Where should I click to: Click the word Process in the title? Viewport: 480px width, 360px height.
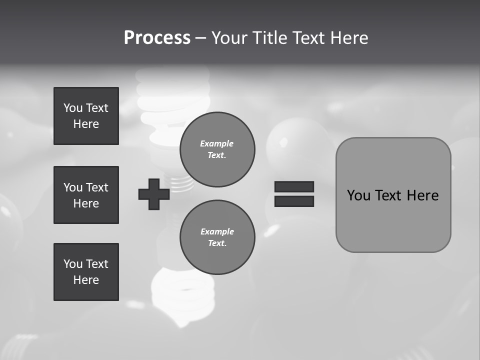point(157,38)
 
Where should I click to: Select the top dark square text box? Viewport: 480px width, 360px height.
point(86,116)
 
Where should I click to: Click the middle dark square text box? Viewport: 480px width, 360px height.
point(86,195)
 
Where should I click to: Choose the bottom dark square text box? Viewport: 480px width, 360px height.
point(86,272)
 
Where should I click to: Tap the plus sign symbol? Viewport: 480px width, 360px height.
point(154,194)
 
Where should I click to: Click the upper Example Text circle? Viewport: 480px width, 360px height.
point(217,149)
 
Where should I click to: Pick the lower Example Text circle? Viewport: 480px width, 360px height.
point(217,237)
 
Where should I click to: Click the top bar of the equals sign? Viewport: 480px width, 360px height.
point(294,186)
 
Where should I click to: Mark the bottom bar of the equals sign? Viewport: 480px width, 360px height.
point(294,201)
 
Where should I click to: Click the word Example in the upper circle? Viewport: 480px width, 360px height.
point(217,143)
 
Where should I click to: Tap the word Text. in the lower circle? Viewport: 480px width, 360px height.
point(217,243)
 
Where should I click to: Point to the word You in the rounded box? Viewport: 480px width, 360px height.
point(358,195)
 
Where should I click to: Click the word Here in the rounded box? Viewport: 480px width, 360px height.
point(422,195)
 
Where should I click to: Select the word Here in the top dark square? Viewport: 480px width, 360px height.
point(86,124)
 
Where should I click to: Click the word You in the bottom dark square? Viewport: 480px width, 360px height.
point(73,264)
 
